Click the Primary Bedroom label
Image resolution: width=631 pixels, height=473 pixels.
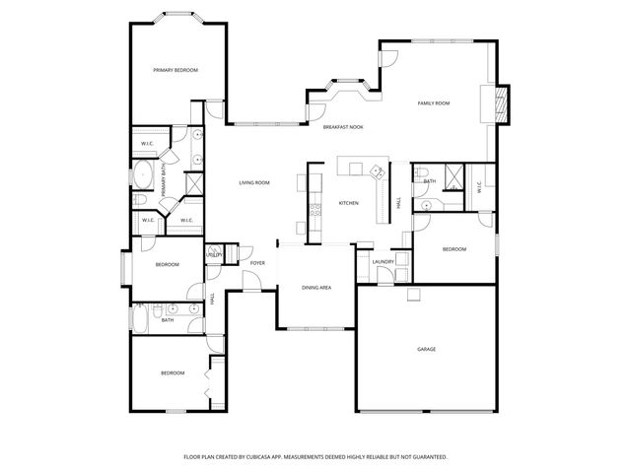[175, 70]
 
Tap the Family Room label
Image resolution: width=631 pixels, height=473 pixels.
[434, 102]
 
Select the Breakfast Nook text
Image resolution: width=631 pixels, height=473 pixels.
[343, 127]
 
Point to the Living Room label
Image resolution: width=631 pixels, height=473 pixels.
[254, 182]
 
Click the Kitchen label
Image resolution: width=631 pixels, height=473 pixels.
[348, 203]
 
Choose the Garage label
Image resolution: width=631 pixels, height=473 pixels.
[426, 349]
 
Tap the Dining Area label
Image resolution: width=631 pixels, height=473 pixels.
[315, 288]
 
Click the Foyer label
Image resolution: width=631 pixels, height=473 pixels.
[257, 263]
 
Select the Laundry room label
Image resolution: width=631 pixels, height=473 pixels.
[384, 261]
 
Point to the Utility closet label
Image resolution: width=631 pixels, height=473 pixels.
[214, 255]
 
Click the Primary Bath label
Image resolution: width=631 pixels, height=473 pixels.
[164, 180]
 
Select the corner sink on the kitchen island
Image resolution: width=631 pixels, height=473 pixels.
[376, 171]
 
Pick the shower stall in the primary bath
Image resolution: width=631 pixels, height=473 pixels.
[194, 183]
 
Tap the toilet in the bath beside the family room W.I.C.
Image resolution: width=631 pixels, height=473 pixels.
[422, 205]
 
